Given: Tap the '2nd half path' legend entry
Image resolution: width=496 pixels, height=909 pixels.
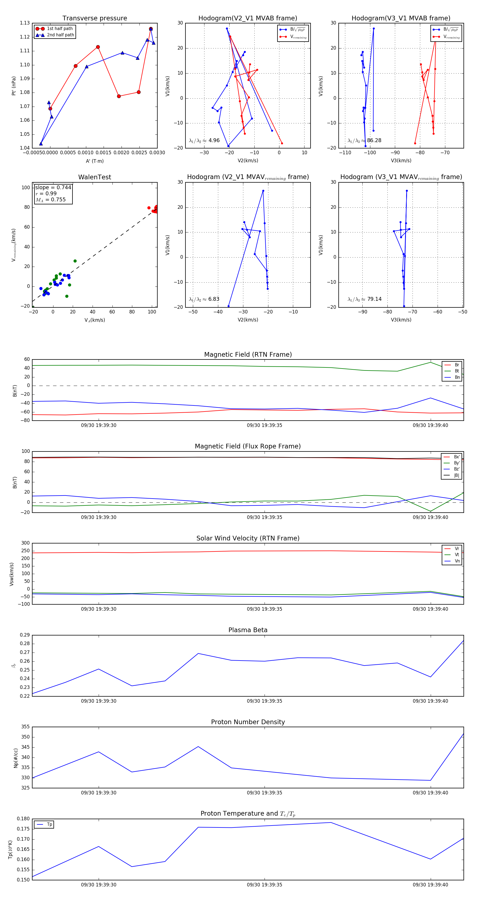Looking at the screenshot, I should (x=60, y=35).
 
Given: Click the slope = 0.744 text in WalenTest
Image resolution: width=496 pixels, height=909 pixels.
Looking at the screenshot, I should (x=53, y=187).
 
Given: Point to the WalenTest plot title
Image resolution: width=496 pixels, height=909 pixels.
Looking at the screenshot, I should (x=95, y=177).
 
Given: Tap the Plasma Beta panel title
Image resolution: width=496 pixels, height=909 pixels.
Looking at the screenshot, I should (x=248, y=630).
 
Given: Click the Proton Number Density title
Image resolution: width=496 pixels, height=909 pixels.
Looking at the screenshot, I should (x=248, y=722).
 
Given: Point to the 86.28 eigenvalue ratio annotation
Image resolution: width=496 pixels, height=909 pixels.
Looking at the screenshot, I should (x=374, y=140).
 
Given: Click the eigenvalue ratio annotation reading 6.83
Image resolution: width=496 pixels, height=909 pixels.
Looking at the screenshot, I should (x=214, y=299).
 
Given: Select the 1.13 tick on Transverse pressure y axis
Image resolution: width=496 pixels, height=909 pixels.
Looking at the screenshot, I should (x=25, y=23).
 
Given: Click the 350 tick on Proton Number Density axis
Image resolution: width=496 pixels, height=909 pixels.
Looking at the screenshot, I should (x=25, y=737).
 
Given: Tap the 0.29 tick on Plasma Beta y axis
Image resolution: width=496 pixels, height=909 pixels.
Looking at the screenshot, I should (x=25, y=635).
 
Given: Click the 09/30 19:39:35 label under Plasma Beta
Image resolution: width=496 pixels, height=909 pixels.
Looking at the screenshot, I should (x=265, y=701).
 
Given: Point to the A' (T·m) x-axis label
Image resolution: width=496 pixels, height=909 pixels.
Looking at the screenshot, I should (x=95, y=161).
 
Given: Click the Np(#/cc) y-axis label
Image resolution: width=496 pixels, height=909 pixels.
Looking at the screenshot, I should (x=15, y=757).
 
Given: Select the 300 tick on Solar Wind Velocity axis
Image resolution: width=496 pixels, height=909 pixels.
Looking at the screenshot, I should (x=25, y=543).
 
